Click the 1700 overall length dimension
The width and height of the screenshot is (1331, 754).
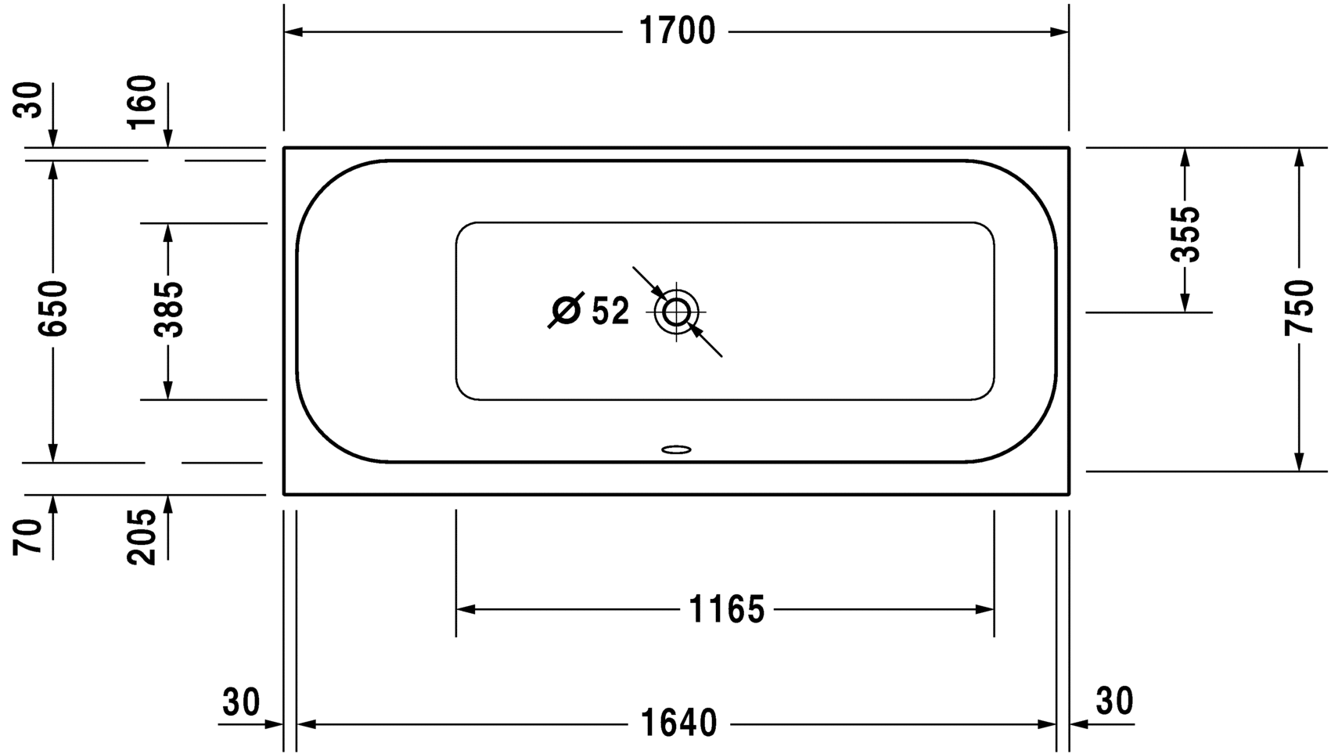click(x=677, y=31)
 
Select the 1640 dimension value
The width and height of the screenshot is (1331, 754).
click(x=678, y=723)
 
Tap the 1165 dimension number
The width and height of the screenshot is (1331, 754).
click(x=726, y=609)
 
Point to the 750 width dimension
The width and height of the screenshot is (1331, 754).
click(x=1299, y=308)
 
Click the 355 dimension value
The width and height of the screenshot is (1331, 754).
click(x=1185, y=234)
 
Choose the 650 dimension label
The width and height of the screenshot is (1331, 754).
click(x=52, y=308)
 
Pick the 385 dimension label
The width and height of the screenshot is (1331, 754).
click(x=168, y=309)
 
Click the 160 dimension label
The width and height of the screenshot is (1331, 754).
click(x=142, y=102)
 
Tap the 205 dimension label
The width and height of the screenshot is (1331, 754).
click(x=142, y=536)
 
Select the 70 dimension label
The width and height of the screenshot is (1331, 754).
click(x=27, y=537)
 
